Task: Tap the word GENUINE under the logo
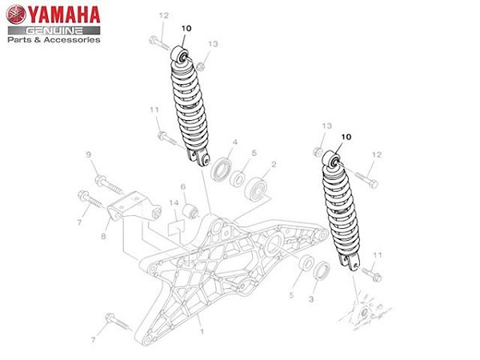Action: pos(54,28)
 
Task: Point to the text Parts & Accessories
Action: pos(54,39)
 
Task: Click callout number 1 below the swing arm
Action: pos(202,330)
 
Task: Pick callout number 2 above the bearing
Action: pos(274,164)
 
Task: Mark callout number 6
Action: pos(182,187)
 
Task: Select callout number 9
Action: pos(89,154)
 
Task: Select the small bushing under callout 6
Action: pos(190,213)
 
